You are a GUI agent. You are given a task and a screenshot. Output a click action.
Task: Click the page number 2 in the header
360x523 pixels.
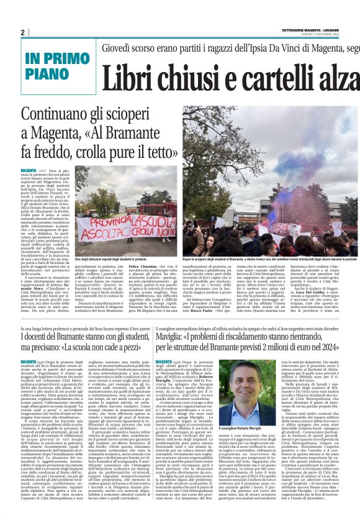pos(22,32)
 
